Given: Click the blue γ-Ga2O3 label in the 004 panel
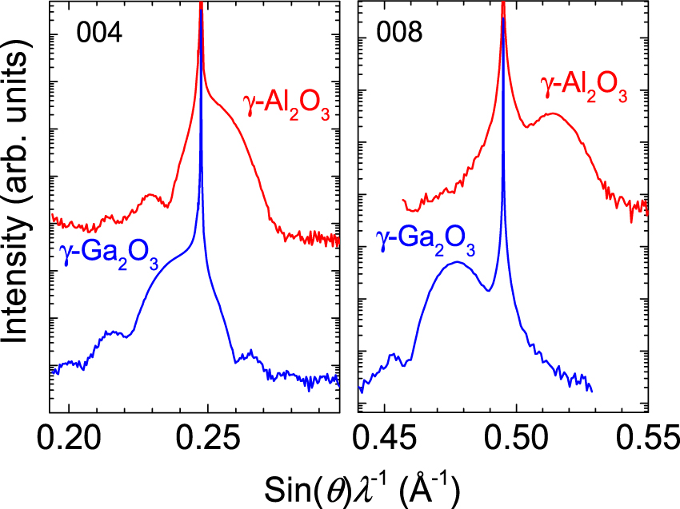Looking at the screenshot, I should [108, 253].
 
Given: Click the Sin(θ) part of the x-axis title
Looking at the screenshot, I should [299, 483].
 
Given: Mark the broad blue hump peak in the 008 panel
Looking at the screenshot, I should [456, 262].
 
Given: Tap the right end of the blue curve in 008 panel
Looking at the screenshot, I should [591, 390].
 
